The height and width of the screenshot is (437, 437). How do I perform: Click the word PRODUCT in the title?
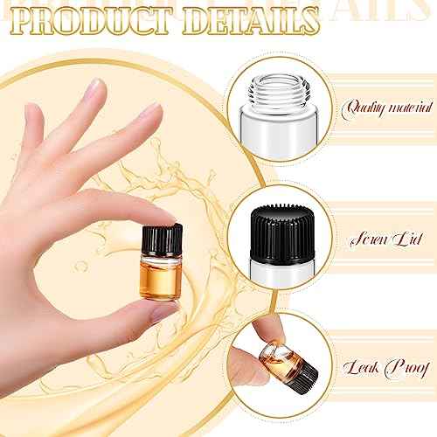click(96, 23)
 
